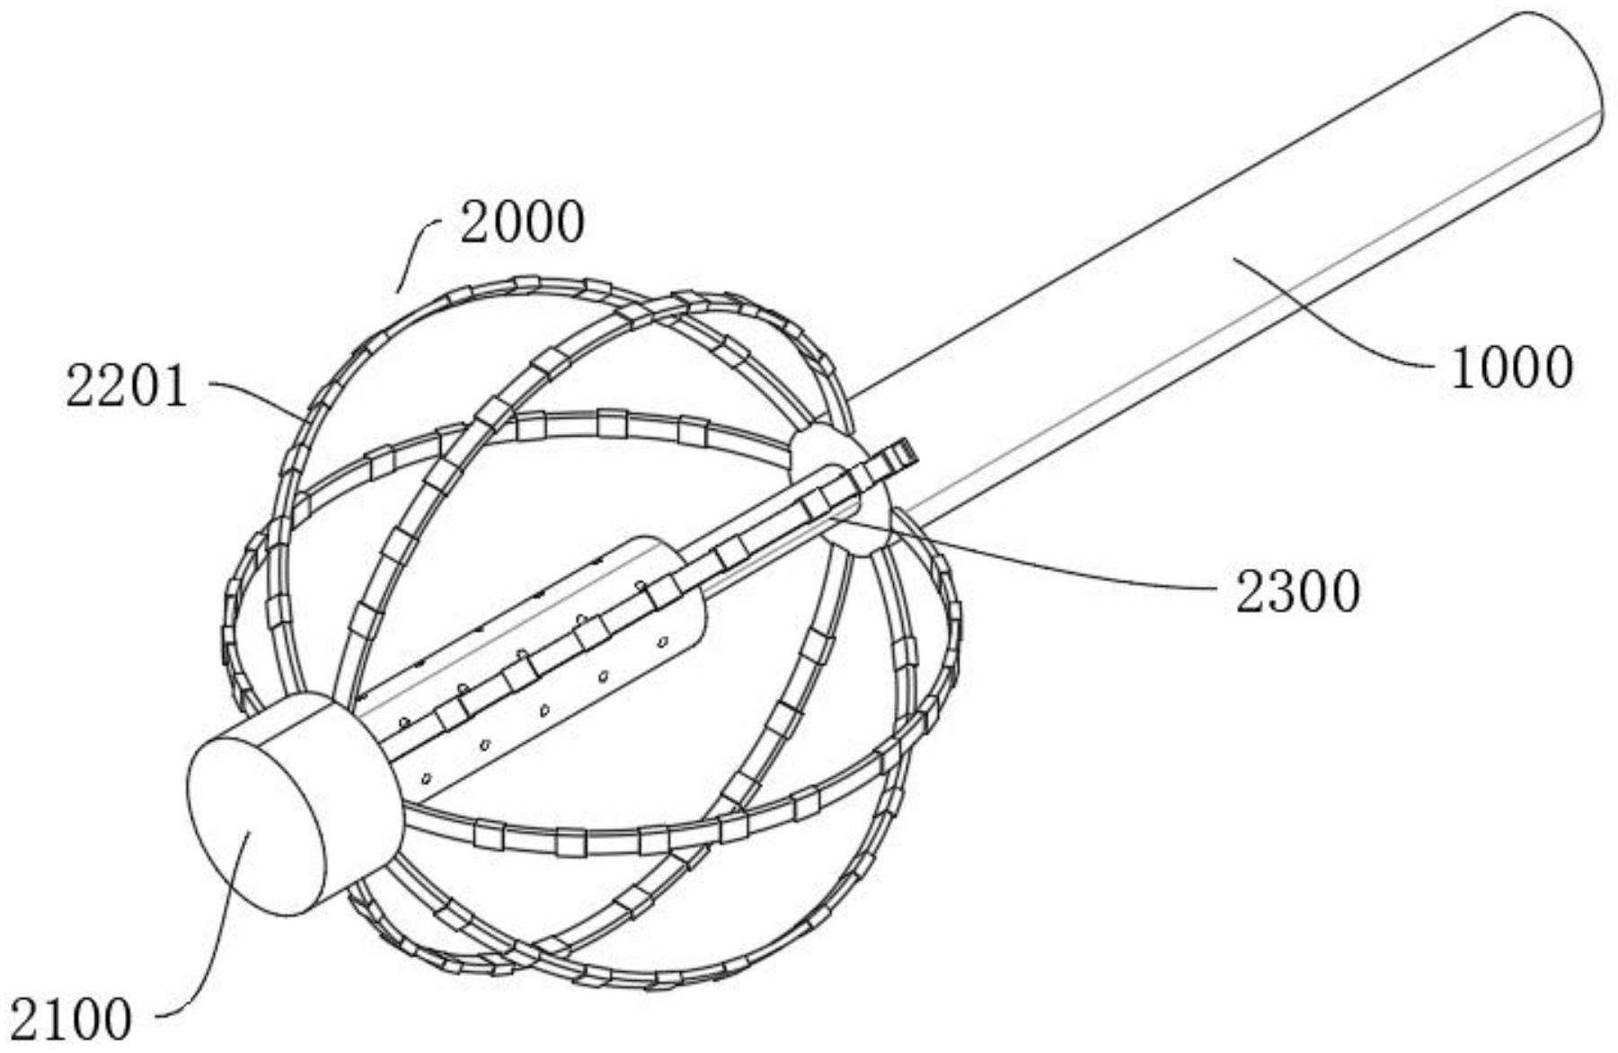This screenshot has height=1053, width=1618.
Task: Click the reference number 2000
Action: click(522, 223)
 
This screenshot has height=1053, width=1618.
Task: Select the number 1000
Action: click(1511, 368)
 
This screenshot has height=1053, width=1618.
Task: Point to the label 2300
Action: click(1297, 593)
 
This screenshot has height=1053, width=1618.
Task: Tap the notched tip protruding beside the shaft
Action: click(898, 454)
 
